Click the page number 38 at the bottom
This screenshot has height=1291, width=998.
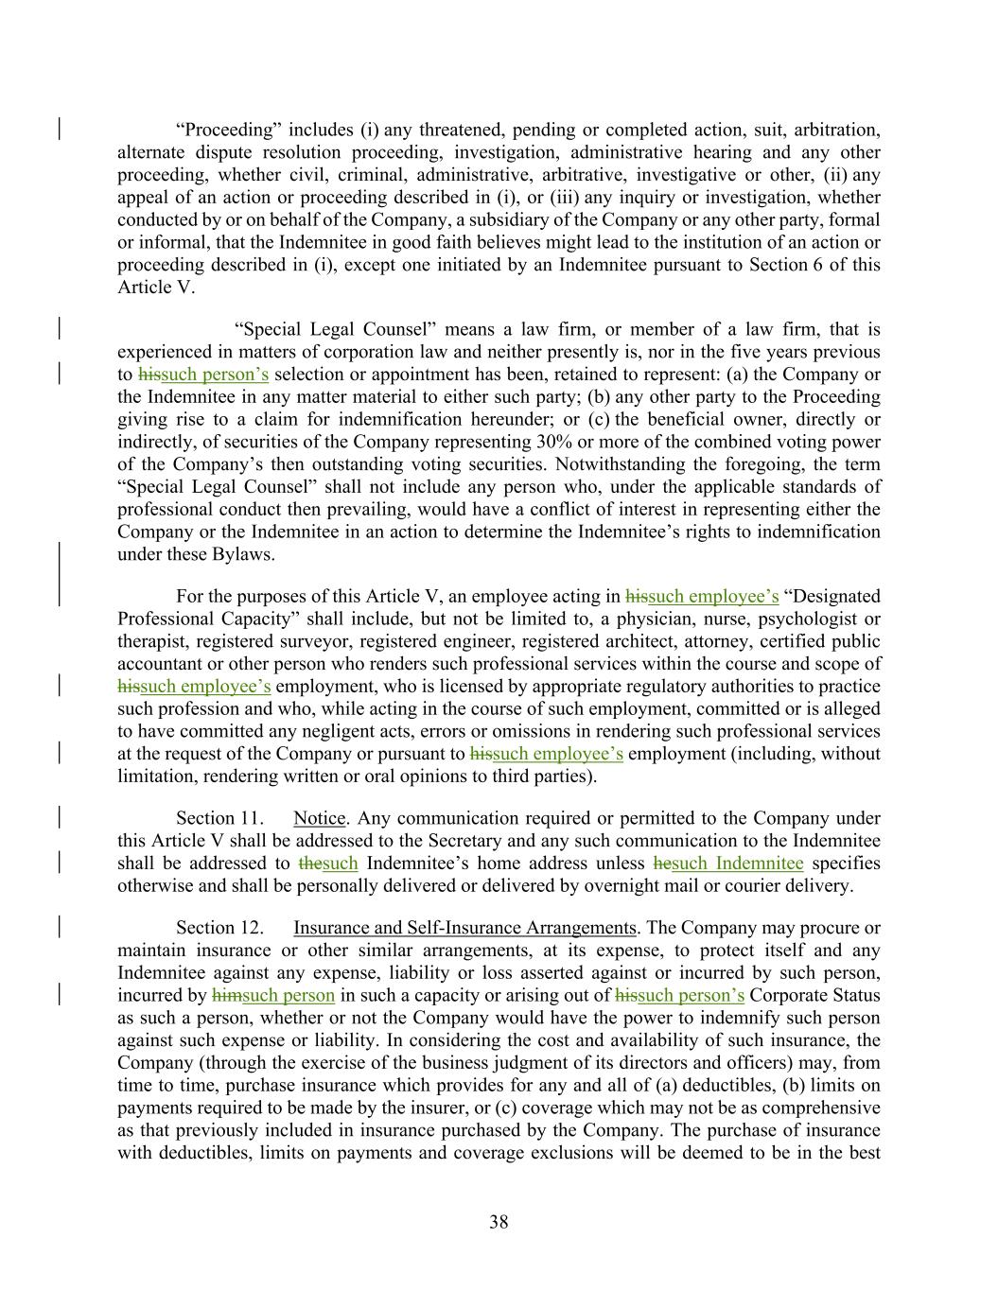point(499,1222)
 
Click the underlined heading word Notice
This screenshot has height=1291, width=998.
point(319,818)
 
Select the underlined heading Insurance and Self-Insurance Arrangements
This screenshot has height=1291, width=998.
point(464,928)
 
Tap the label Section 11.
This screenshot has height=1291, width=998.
point(219,818)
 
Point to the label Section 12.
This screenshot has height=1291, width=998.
point(219,928)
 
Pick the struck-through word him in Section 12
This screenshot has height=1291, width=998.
point(226,995)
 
